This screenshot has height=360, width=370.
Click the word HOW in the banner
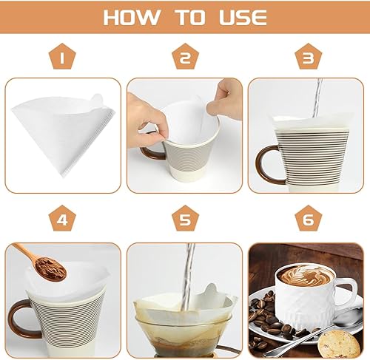pos(132,18)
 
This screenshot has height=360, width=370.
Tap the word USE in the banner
pos(243,18)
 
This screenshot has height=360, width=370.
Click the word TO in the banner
pos(190,18)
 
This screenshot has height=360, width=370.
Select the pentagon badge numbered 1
pos(62,56)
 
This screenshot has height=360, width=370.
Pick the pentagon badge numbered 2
pos(185,56)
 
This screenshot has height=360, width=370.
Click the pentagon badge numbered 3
pos(309,56)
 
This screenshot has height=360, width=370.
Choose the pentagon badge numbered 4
pos(62,219)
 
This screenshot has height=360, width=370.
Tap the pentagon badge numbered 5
pos(185,219)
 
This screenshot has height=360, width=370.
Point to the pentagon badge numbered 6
pos(309,219)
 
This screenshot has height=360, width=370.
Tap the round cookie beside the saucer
pos(336,344)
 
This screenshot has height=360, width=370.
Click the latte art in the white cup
pos(306,275)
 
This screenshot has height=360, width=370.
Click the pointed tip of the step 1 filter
pos(63,176)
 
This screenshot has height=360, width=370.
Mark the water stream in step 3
pos(317,98)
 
